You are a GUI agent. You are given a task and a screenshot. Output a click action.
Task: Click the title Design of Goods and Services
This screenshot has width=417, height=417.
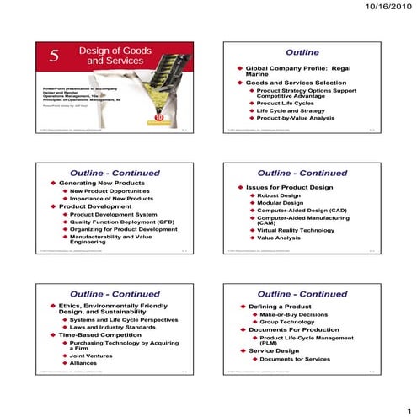tap(109, 56)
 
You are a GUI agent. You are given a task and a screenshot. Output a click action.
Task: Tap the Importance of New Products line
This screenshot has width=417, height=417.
tap(112, 199)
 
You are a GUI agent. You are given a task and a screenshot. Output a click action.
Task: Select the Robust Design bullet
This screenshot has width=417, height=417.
tap(280, 195)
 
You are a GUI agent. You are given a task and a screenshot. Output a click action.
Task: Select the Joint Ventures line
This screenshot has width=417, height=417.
tap(91, 356)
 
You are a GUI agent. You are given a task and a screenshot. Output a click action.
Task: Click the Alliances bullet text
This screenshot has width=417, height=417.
tap(83, 363)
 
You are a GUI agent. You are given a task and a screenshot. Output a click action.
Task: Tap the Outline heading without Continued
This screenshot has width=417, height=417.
tap(302, 51)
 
